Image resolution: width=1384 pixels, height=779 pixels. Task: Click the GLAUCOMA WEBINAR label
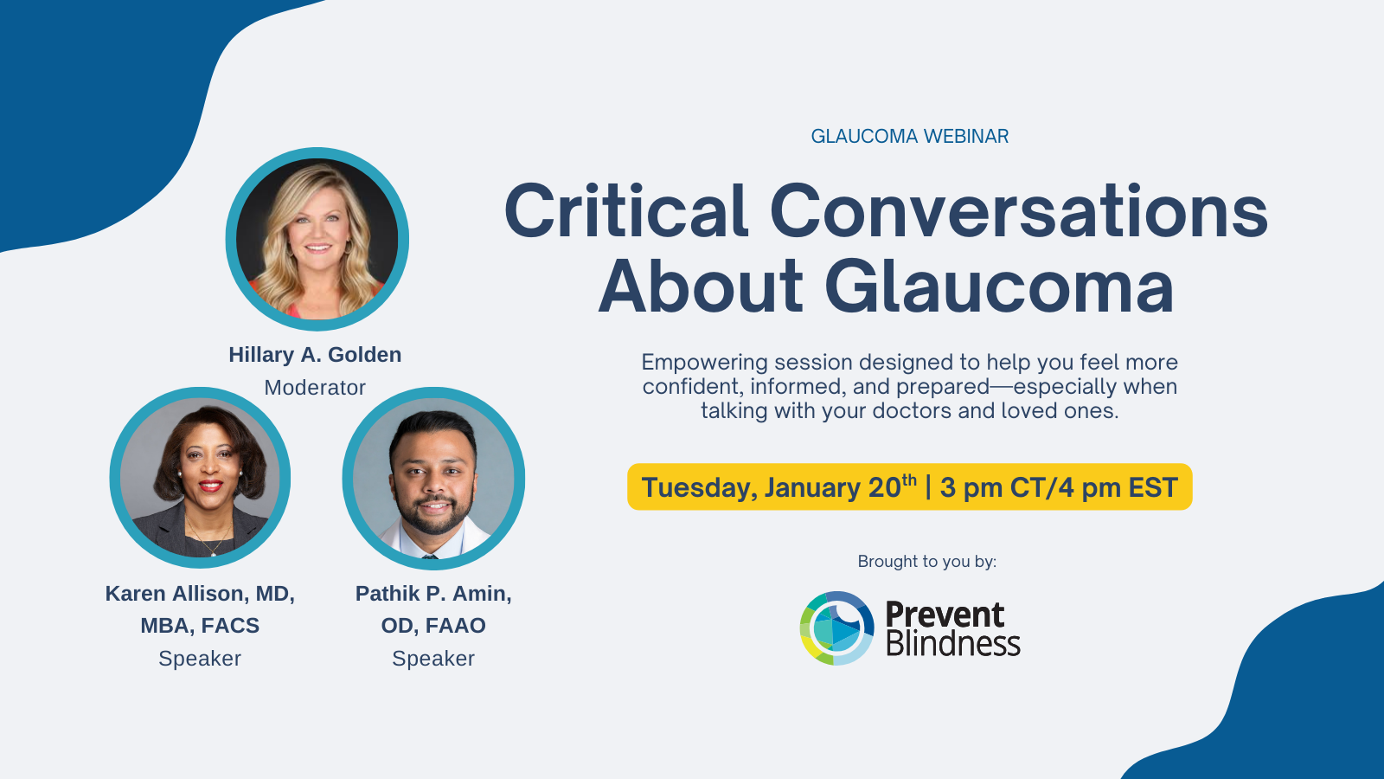(909, 136)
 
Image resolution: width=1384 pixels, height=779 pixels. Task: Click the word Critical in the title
(626, 211)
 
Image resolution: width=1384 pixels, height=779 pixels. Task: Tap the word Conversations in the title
(1019, 211)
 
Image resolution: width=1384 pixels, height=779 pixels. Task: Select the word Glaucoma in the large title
(999, 286)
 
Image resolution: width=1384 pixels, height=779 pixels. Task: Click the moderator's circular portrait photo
(317, 239)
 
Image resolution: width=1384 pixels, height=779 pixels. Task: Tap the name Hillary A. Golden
(315, 355)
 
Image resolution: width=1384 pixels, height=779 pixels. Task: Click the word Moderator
(315, 388)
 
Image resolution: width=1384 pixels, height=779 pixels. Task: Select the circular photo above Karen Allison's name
(200, 477)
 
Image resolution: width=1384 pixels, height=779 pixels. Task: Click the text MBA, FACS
(200, 626)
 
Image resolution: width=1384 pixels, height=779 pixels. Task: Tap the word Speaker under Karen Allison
(200, 659)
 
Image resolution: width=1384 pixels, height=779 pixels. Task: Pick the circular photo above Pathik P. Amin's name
(433, 478)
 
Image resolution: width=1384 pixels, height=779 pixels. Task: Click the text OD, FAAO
(433, 626)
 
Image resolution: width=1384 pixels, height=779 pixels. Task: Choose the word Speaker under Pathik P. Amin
(433, 659)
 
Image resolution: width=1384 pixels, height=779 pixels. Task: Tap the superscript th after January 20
(909, 480)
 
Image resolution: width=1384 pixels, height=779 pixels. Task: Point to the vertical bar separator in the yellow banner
(928, 487)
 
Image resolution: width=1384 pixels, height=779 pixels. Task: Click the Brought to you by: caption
(926, 562)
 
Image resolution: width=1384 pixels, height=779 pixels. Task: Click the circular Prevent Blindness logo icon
(836, 628)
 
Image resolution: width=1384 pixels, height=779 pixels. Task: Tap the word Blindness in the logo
(953, 643)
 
